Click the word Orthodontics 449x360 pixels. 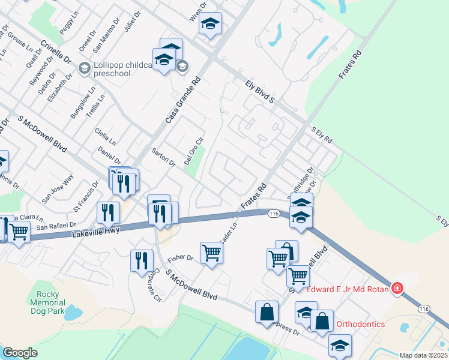[x=360, y=324]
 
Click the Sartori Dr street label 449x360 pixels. [x=163, y=157]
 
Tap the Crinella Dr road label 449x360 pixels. [x=56, y=52]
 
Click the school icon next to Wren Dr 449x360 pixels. [x=210, y=24]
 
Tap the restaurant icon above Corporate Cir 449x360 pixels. [x=141, y=260]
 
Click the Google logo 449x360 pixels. [x=20, y=353]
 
